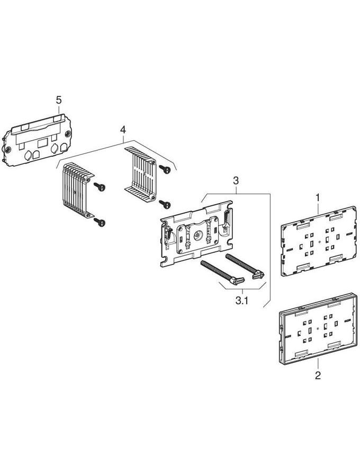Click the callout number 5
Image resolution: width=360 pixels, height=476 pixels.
pos(59,99)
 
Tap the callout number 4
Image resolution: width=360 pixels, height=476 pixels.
pos(123,130)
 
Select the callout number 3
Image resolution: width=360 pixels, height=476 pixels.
pos(236,181)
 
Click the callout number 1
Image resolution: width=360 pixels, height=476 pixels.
pos(318,197)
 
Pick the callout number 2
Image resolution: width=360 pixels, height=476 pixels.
pos(318,377)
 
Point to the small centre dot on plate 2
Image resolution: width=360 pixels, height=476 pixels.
pos(317,328)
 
